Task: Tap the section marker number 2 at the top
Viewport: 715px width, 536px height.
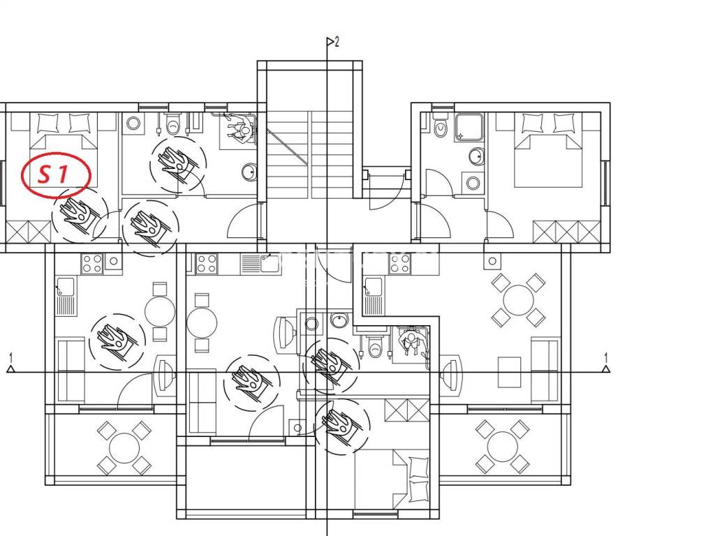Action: [x=337, y=43]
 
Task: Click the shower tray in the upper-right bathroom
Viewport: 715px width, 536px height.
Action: [x=469, y=127]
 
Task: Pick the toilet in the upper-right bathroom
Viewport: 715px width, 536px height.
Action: [x=440, y=128]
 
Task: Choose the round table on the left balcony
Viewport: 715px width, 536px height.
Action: [x=124, y=447]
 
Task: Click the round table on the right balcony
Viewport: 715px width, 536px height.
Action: [x=503, y=447]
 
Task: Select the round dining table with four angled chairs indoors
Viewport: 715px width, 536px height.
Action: [x=518, y=300]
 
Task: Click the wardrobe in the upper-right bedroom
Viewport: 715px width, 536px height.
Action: [x=567, y=232]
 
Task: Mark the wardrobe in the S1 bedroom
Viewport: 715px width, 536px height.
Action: [x=28, y=232]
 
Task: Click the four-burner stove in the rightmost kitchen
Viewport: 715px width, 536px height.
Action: [x=400, y=264]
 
